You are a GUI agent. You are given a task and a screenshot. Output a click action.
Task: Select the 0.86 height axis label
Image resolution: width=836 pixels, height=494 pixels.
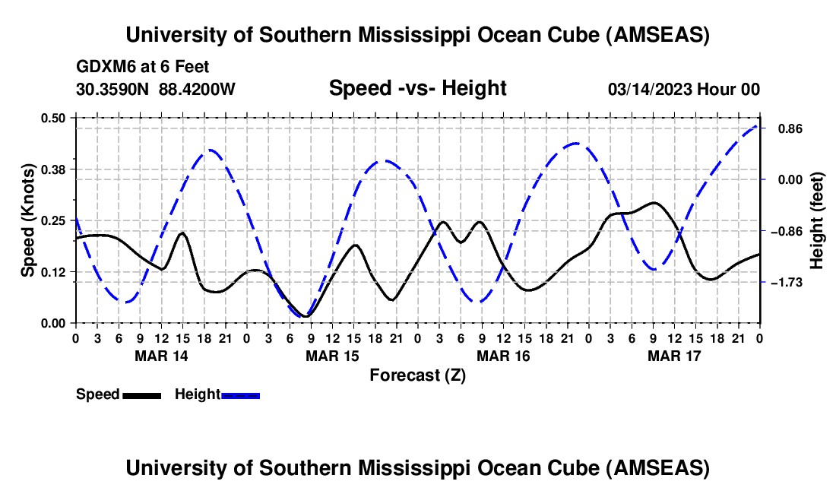pos(785,128)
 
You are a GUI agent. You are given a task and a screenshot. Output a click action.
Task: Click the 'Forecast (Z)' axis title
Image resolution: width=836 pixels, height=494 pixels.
pos(416,375)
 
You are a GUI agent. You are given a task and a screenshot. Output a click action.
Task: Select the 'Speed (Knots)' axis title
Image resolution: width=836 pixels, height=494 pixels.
pos(27,220)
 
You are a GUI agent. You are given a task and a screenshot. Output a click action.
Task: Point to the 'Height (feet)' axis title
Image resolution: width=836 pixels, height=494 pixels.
pos(817,220)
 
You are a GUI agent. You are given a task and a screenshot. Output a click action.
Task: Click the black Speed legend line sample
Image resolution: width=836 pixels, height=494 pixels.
pos(141,394)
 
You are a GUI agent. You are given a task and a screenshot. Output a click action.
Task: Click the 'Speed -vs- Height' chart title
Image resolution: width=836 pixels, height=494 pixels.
pos(417,88)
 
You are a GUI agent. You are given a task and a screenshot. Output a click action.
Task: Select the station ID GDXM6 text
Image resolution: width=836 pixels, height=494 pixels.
pos(103,68)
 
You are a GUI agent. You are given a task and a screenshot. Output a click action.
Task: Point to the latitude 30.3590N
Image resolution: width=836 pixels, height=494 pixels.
pos(113,89)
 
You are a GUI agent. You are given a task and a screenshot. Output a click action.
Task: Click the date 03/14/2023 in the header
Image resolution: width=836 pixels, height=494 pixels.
pos(649,89)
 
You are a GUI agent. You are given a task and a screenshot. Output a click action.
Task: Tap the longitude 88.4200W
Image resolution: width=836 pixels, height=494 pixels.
pos(197,89)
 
